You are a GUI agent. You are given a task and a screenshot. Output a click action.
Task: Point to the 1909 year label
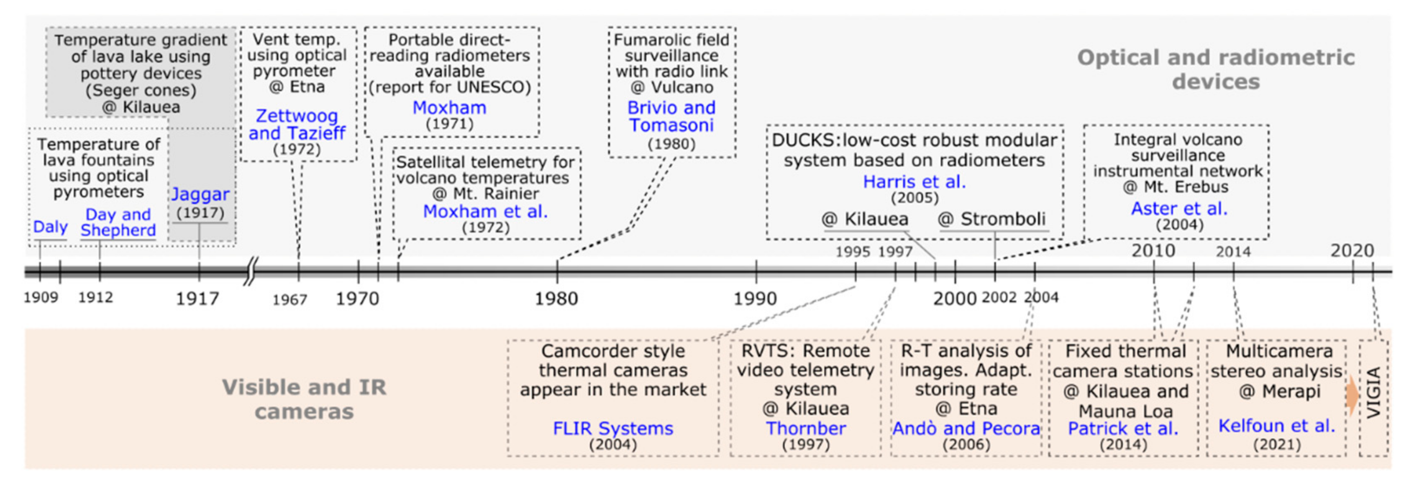pos(41,297)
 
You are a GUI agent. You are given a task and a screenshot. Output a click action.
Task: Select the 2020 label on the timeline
pos(1352,250)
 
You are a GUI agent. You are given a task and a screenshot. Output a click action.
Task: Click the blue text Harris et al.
pos(914,181)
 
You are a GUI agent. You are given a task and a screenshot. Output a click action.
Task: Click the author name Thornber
pos(805,428)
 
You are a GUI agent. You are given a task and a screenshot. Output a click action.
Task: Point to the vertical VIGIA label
pos(1374,393)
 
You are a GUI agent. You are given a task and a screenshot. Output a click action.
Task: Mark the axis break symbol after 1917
pos(249,271)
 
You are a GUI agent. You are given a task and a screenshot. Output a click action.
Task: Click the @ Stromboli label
pos(991,219)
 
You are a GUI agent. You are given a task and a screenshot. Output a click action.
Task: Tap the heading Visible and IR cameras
pos(304,399)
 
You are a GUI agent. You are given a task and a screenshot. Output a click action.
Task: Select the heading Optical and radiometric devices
pos(1215,69)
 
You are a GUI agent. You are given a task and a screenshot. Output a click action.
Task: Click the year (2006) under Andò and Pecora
pos(966,444)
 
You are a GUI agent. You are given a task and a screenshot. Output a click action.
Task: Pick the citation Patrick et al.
pos(1122,428)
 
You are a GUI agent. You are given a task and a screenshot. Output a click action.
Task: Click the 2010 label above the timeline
pos(1153,250)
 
